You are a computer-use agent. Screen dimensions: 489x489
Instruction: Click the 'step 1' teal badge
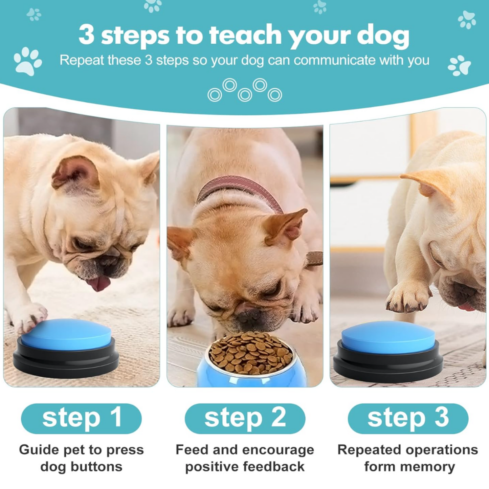81,418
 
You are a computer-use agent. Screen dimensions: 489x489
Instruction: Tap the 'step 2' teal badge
245,418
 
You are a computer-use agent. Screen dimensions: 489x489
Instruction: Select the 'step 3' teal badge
408,418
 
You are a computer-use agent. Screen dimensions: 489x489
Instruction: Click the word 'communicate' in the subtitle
334,60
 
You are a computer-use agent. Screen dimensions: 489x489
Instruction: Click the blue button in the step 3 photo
388,337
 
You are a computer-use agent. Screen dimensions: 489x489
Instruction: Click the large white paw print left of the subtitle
28,61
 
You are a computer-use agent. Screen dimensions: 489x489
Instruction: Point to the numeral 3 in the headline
87,35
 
